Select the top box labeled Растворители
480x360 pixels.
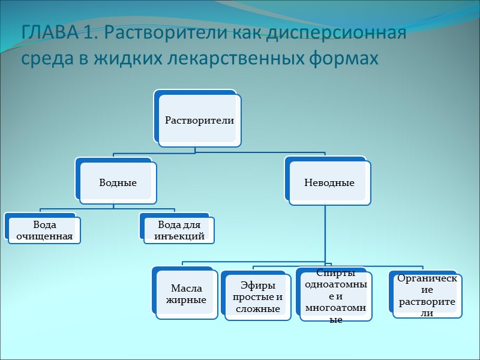tap(199, 120)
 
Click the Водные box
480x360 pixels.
tap(118, 182)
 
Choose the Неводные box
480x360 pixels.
tap(329, 182)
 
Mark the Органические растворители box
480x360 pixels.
tap(427, 295)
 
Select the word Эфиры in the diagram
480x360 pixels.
tap(257, 286)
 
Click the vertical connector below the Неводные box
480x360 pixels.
tap(325, 234)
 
